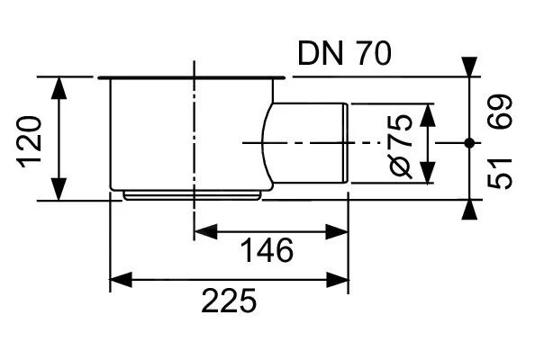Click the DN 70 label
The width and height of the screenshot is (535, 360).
click(x=344, y=55)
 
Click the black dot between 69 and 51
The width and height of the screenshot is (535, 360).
click(x=468, y=142)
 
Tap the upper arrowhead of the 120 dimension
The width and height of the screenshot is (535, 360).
click(x=59, y=86)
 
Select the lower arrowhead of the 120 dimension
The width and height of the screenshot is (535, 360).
click(x=59, y=190)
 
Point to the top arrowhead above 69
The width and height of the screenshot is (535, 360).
click(x=468, y=67)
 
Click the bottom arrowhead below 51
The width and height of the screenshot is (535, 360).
click(x=468, y=209)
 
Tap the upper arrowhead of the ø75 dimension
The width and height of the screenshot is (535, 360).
click(x=428, y=112)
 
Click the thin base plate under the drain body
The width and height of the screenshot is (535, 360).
click(x=193, y=193)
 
